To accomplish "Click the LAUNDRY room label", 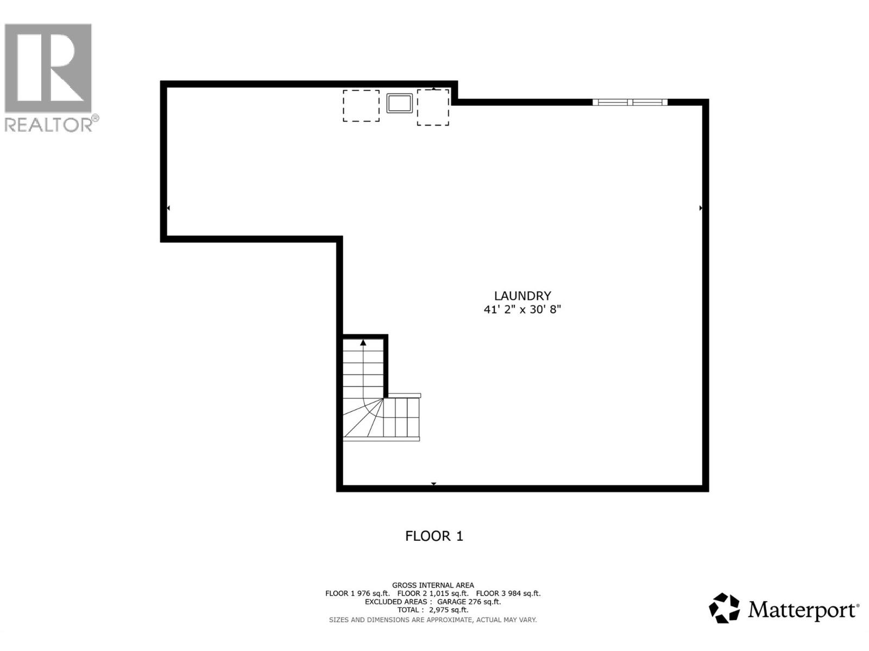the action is coord(522,296).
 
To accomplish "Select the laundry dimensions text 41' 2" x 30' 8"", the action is coord(522,309).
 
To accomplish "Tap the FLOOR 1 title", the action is coord(434,536).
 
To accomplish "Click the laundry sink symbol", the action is coord(399,103).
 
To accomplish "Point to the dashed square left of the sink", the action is coord(361,106).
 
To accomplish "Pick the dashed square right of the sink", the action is coord(433,107).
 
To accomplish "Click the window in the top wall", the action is coord(630,103).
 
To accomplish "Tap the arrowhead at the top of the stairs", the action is coord(363,342).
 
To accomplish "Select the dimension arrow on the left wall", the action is coord(168,208).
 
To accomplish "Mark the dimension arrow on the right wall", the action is coord(701,208).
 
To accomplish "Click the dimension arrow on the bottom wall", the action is coord(433,484).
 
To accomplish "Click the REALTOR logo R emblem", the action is coord(48,68).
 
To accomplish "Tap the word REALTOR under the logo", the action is coord(48,125).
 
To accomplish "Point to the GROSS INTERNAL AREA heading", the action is coord(433,585).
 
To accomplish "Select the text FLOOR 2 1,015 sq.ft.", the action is coord(433,593).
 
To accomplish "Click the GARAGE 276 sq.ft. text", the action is coord(469,602).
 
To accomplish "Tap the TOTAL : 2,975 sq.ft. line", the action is coord(433,610).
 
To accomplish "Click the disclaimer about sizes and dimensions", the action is coord(433,620).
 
